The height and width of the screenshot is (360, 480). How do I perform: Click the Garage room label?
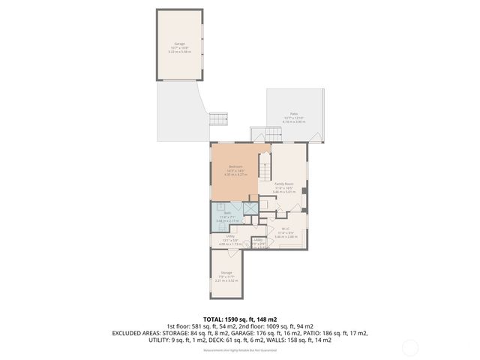click(179, 44)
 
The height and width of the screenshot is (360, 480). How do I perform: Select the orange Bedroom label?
click(235, 166)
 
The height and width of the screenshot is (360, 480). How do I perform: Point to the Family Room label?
click(284, 184)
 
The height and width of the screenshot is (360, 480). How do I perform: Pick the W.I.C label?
click(285, 229)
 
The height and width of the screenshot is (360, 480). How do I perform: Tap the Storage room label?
click(226, 272)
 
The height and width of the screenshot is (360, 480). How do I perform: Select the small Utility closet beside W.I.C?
click(258, 241)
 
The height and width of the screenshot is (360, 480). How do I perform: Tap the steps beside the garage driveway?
click(217, 118)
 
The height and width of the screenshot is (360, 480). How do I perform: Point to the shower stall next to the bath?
click(250, 209)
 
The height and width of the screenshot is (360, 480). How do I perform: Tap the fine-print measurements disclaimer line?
click(240, 349)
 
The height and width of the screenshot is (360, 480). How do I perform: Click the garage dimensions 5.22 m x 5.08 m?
click(179, 52)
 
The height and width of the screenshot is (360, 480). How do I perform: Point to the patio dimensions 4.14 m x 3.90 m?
click(295, 121)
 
